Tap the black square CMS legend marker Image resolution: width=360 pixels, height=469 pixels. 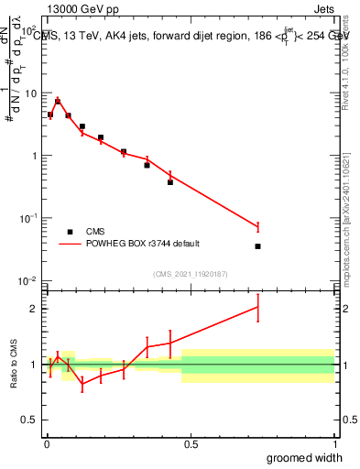point(71,232)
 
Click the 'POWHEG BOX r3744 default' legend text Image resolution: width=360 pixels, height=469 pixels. point(142,244)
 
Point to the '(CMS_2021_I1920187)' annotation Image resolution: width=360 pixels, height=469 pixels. point(191,274)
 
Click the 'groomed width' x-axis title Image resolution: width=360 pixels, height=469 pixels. point(305,457)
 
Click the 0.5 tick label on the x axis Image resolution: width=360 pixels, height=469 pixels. point(191,445)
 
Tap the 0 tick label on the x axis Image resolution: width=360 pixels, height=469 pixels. point(47,445)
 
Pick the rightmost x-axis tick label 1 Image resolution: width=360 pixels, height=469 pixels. point(333,445)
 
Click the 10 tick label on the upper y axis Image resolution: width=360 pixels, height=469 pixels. point(30,93)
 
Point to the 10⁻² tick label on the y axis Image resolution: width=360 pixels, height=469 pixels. point(29,280)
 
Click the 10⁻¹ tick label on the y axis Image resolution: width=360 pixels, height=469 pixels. point(29,218)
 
